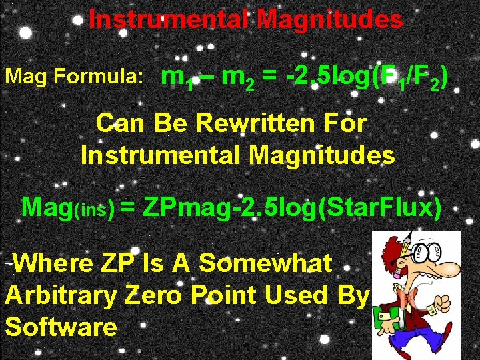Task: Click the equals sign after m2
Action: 269,79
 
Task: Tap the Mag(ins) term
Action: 67,207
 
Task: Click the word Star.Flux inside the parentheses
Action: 381,207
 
